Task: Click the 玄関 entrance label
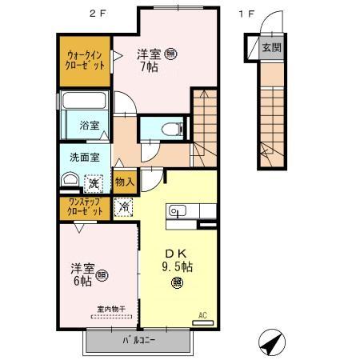271,47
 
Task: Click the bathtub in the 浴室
83,103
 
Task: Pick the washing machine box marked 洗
94,183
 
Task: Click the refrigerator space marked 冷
124,206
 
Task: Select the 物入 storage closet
124,182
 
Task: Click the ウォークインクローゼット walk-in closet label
84,60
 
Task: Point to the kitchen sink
177,211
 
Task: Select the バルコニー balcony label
138,342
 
